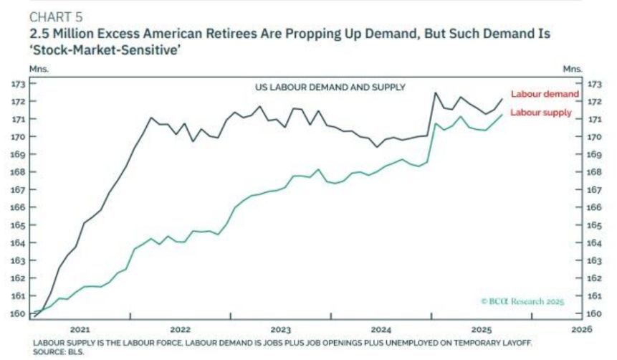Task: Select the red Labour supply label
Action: click(x=540, y=113)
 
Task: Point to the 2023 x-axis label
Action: click(x=281, y=329)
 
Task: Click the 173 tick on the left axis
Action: click(x=18, y=84)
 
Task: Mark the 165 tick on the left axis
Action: click(x=18, y=225)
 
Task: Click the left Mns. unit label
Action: click(x=38, y=69)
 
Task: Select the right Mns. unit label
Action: click(x=573, y=69)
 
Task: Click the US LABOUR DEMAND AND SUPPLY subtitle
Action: click(x=330, y=87)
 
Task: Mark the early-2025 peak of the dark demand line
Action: click(x=434, y=93)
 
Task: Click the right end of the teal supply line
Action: click(x=502, y=115)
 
